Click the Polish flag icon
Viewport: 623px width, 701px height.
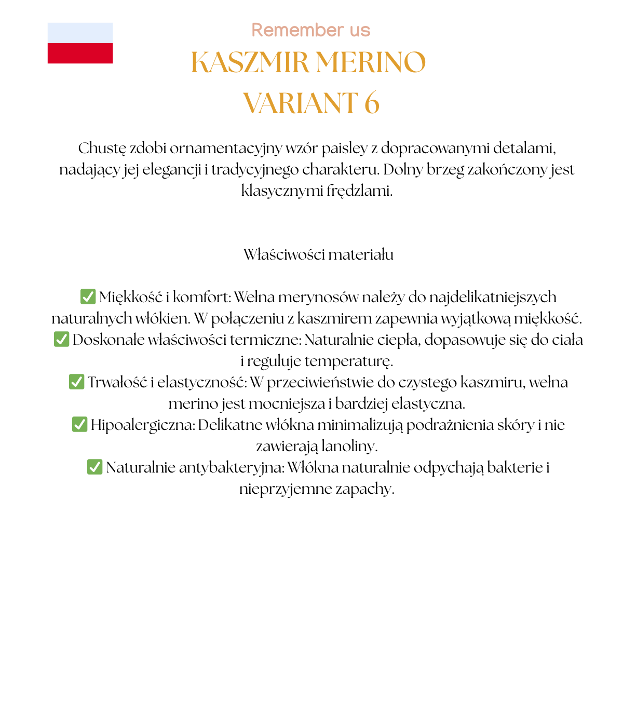[x=80, y=43]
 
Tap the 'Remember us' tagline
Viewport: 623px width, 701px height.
[x=311, y=30]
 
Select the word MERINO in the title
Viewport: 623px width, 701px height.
[x=371, y=62]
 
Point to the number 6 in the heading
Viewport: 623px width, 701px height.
[x=372, y=103]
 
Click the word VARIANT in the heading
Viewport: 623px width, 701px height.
[x=301, y=103]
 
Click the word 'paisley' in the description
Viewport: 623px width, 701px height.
[x=344, y=149]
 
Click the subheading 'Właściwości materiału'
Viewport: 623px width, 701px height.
[x=318, y=254]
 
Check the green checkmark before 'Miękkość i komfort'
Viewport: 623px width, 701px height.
[x=88, y=296]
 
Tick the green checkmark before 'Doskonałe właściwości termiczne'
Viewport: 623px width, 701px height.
[x=61, y=339]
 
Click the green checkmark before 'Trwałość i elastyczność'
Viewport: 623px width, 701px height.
[x=76, y=382]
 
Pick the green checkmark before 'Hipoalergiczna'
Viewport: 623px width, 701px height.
[x=79, y=424]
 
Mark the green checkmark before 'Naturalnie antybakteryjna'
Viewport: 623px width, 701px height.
[x=94, y=467]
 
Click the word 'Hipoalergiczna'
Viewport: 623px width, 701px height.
[x=143, y=425]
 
